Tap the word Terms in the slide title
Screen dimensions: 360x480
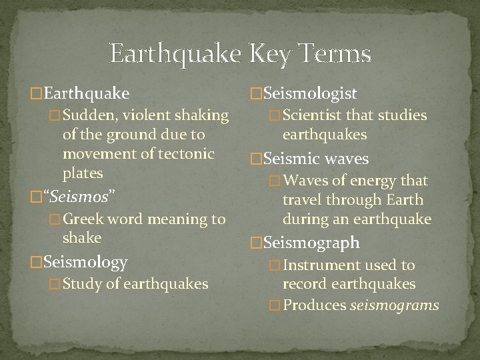(x=333, y=53)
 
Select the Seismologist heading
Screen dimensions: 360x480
(x=310, y=94)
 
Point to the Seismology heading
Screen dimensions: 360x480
(x=85, y=263)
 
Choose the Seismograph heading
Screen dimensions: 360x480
(x=311, y=243)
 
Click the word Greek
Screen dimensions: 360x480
(x=85, y=219)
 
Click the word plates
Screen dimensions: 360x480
(x=83, y=173)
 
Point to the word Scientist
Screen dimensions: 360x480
(x=312, y=116)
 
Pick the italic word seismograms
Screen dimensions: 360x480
(x=405, y=305)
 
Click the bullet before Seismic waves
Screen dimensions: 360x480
(x=254, y=159)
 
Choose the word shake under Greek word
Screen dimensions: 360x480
(x=82, y=238)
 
